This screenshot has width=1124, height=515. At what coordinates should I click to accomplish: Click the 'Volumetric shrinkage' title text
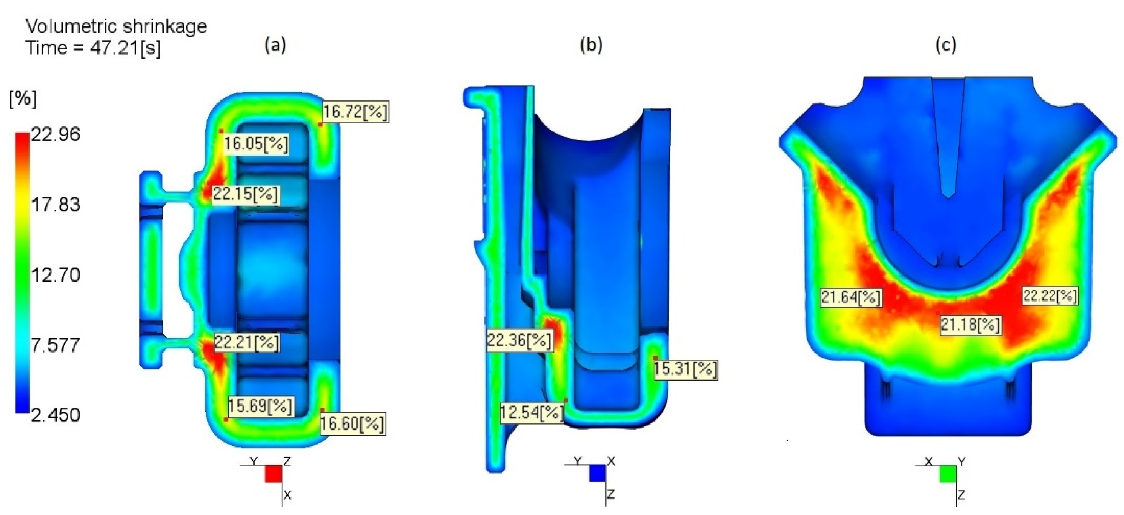click(116, 26)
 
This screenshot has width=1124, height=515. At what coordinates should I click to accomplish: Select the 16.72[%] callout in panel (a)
click(355, 112)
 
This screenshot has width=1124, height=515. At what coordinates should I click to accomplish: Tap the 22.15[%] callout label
click(245, 194)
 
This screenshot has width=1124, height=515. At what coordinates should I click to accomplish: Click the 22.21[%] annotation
click(246, 343)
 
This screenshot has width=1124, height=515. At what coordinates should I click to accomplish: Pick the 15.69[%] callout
click(260, 406)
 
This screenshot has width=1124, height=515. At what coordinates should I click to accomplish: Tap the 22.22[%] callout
click(1049, 296)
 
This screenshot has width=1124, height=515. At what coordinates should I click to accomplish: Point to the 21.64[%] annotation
click(851, 298)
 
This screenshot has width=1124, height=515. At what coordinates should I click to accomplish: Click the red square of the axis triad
click(274, 474)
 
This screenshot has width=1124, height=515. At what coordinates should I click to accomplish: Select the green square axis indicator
click(948, 474)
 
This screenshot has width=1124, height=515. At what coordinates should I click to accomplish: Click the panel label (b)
click(591, 45)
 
